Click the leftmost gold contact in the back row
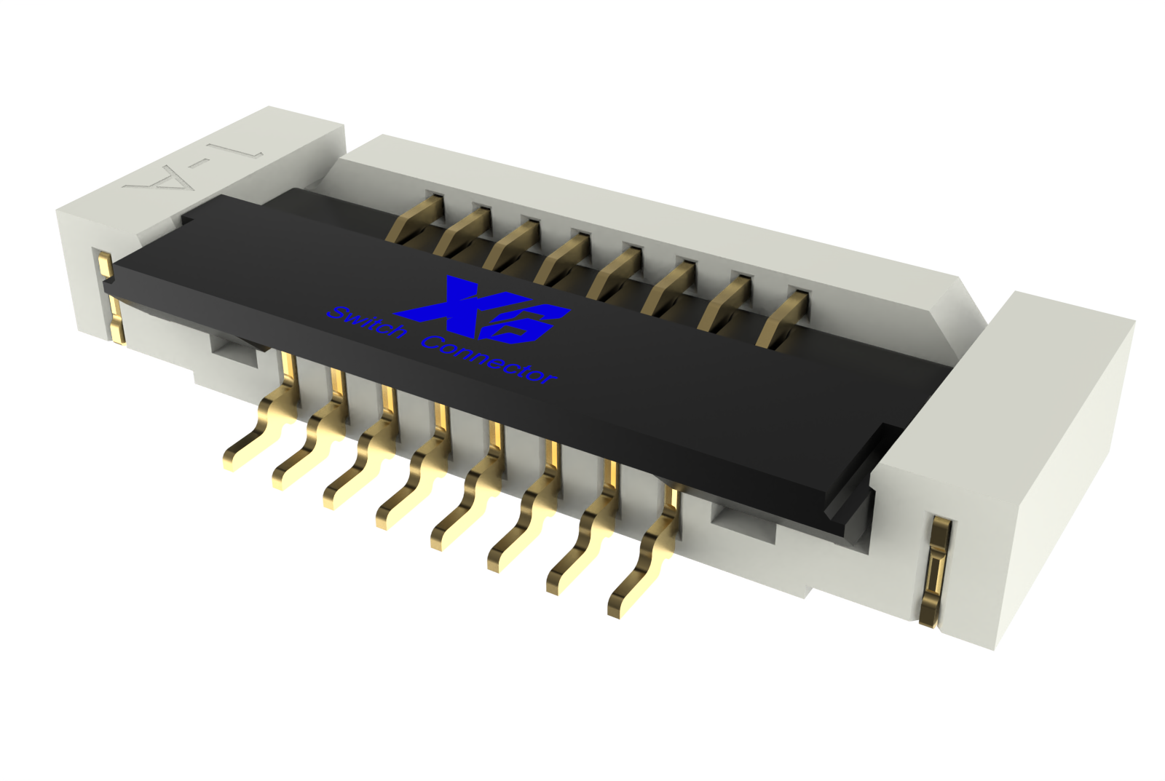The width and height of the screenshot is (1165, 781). tap(416, 218)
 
